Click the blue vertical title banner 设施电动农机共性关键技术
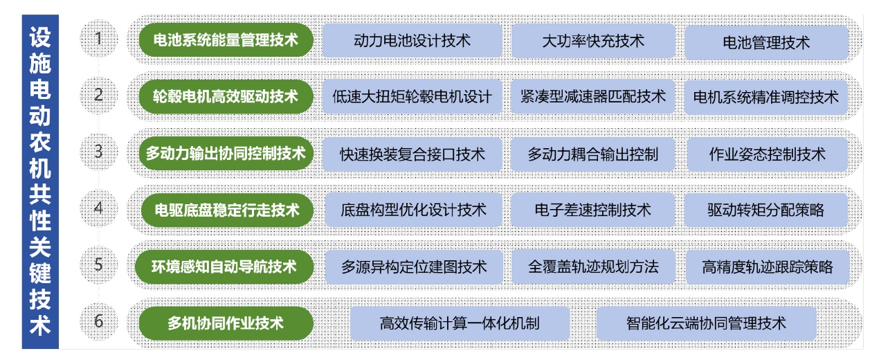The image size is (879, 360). coord(40,181)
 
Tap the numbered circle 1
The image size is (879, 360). coord(98,39)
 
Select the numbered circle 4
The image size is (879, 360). coord(98,208)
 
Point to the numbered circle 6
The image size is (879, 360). coord(98,321)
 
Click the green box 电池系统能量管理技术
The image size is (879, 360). coord(226,40)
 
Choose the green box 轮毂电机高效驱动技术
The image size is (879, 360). coord(226,96)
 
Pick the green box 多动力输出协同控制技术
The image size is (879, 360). coord(226,153)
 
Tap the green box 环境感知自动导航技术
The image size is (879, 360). coord(226,266)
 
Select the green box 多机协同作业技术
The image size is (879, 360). coord(226,323)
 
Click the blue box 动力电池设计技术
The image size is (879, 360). coord(412,41)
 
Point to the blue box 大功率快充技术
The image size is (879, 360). coord(593,41)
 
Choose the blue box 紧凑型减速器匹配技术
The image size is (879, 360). coord(593,96)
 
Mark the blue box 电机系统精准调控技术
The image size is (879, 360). coord(766,97)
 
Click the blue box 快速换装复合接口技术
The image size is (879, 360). coord(413,154)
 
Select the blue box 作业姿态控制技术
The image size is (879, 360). coord(767,154)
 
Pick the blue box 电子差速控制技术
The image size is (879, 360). coord(593,210)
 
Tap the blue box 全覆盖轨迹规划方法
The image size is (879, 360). coord(593,267)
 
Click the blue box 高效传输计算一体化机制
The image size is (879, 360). coord(460,323)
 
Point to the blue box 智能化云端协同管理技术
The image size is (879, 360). coord(706,323)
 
